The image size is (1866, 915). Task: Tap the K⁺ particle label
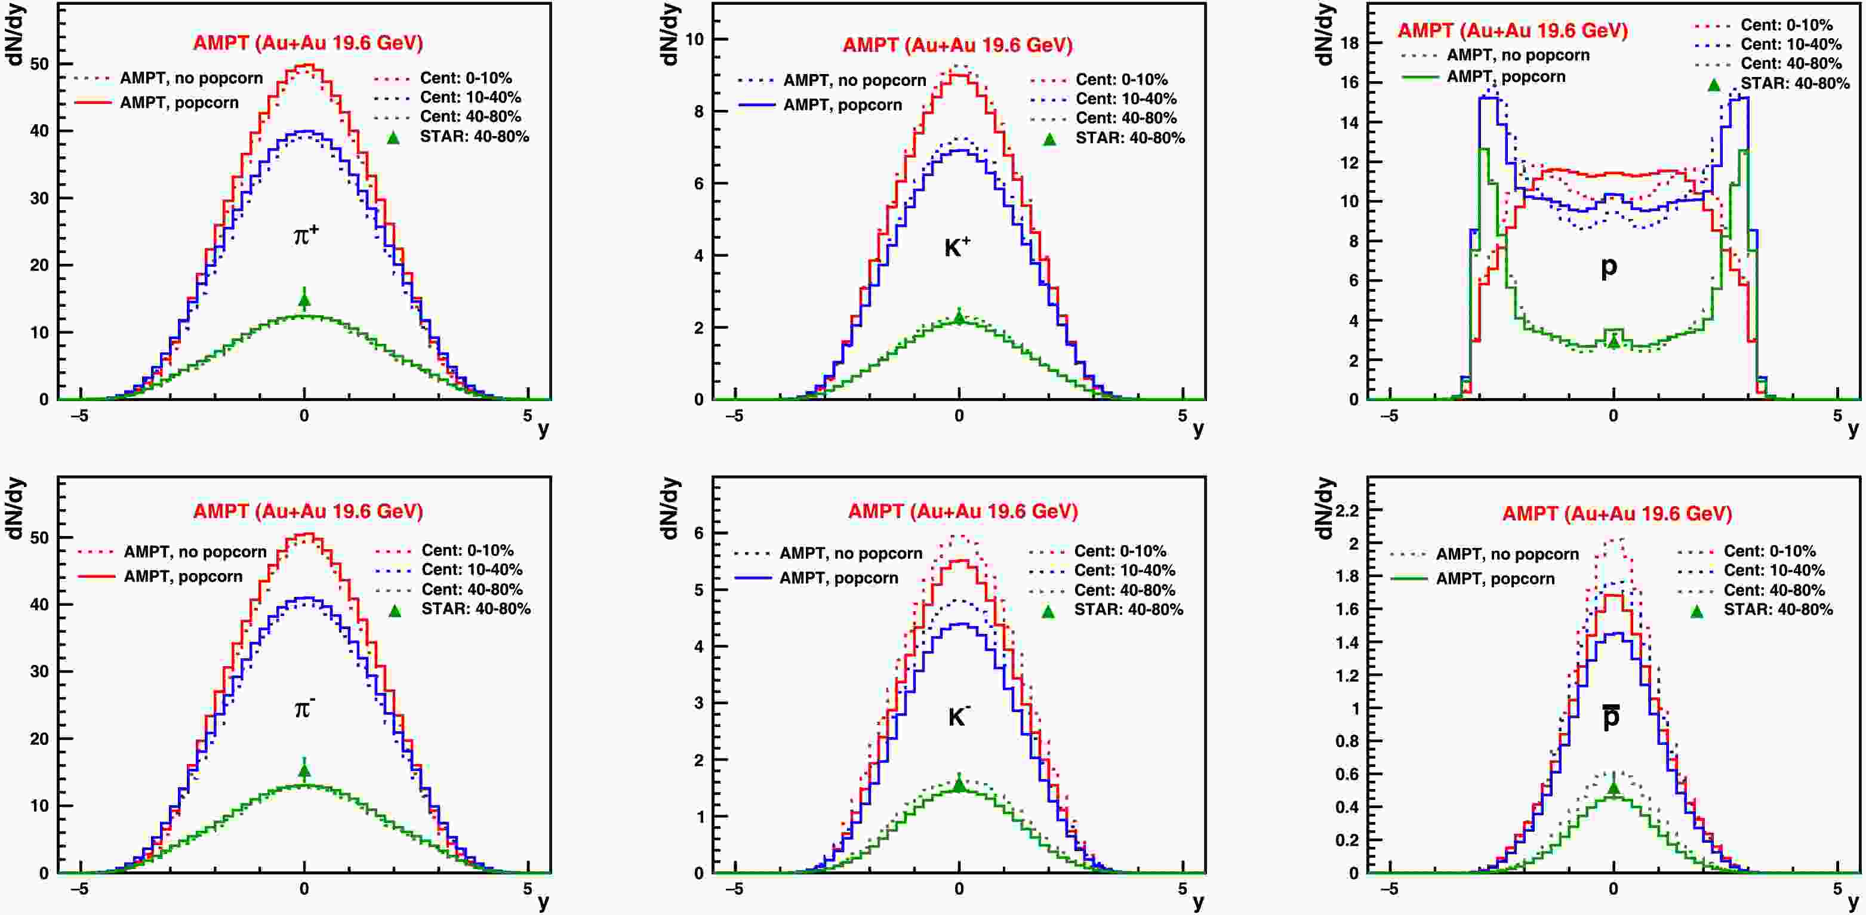tap(957, 248)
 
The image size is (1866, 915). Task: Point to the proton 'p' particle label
tap(1609, 267)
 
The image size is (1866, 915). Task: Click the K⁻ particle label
tap(958, 716)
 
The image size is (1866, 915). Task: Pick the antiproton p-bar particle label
tap(1611, 716)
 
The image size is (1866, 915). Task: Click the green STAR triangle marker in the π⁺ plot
tap(304, 299)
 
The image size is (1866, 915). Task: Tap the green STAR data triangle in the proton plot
tap(1613, 340)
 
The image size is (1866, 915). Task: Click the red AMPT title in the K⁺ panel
tap(957, 45)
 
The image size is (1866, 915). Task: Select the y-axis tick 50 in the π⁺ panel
tap(40, 64)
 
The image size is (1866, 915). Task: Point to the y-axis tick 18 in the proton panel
tap(1350, 43)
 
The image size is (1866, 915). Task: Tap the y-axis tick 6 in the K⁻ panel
tap(699, 533)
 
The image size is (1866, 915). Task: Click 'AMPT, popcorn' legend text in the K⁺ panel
tap(842, 105)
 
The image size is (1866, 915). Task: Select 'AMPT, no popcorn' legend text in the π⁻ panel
tap(195, 552)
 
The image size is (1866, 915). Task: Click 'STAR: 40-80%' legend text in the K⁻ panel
tap(1128, 610)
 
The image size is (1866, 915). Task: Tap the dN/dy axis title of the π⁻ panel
tap(16, 509)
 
